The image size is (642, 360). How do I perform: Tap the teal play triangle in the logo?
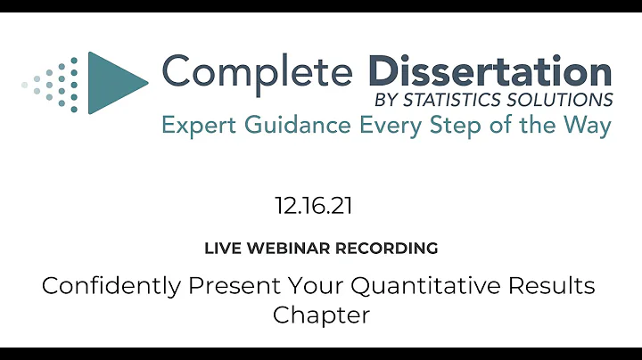pyautogui.click(x=115, y=83)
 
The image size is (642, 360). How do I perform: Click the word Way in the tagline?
pyautogui.click(x=589, y=126)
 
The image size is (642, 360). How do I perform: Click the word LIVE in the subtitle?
pyautogui.click(x=222, y=249)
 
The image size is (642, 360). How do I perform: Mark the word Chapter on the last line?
pyautogui.click(x=320, y=315)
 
